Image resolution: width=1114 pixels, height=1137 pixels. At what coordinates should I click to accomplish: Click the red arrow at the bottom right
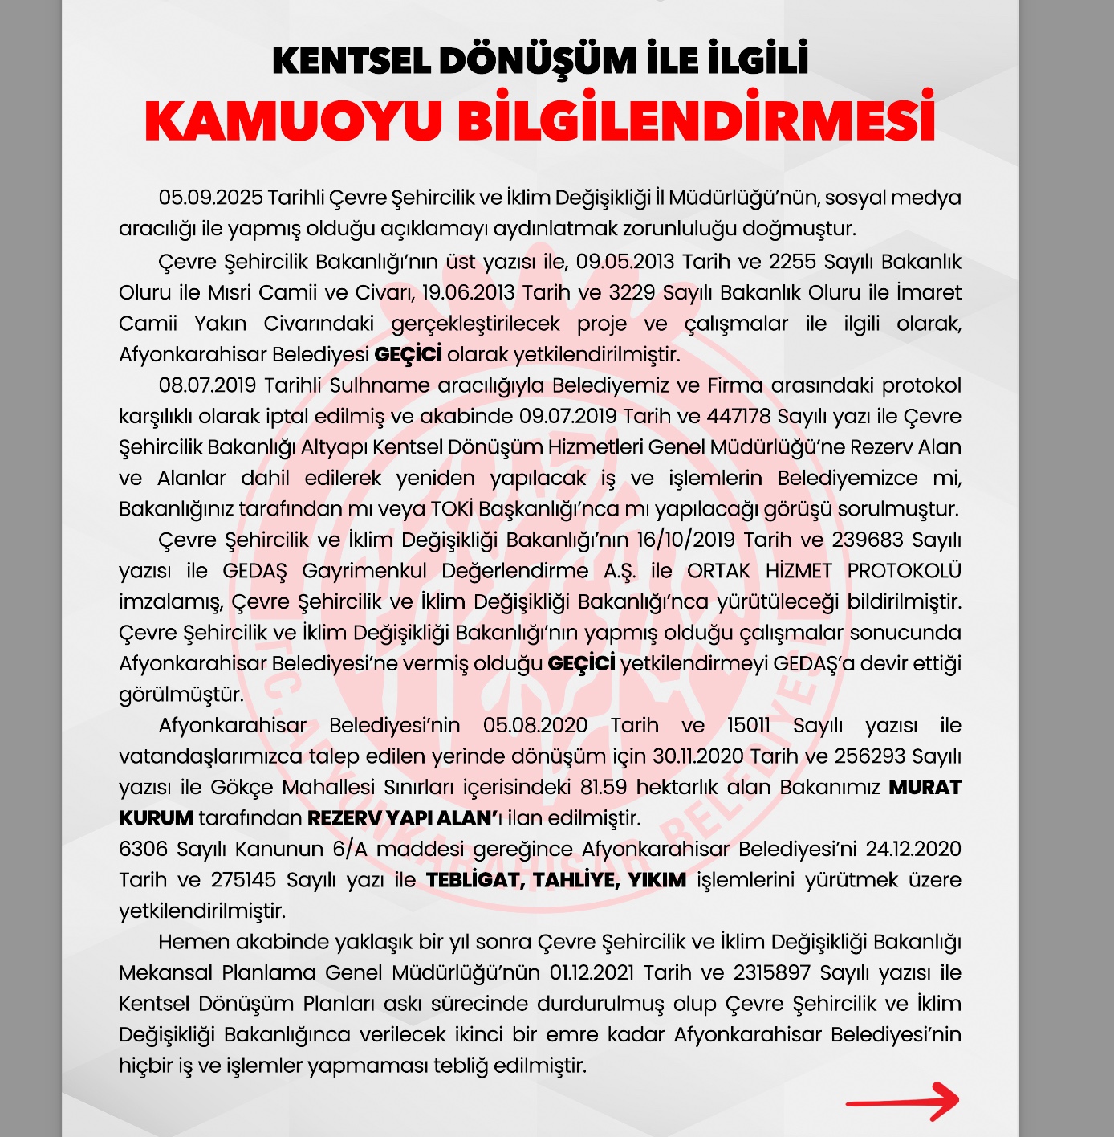[903, 1102]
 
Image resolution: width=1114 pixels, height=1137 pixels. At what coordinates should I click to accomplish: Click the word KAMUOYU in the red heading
[293, 121]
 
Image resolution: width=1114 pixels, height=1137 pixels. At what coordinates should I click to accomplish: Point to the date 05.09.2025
[209, 198]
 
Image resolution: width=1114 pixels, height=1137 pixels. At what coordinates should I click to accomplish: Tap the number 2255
[791, 262]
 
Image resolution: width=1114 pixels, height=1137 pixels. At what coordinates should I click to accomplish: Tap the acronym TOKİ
[451, 509]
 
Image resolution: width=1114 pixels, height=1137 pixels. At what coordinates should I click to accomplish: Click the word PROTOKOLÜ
[904, 571]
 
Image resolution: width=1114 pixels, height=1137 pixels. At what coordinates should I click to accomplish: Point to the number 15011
[748, 726]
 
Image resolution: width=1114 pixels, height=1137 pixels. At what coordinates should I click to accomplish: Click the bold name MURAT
[925, 788]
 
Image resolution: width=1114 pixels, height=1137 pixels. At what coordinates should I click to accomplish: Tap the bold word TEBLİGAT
[474, 880]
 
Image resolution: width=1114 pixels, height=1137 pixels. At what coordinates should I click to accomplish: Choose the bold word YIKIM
[657, 880]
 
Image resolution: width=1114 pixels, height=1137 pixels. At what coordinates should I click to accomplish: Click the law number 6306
[143, 850]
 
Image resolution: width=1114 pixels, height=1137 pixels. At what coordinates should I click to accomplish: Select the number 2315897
[771, 973]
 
